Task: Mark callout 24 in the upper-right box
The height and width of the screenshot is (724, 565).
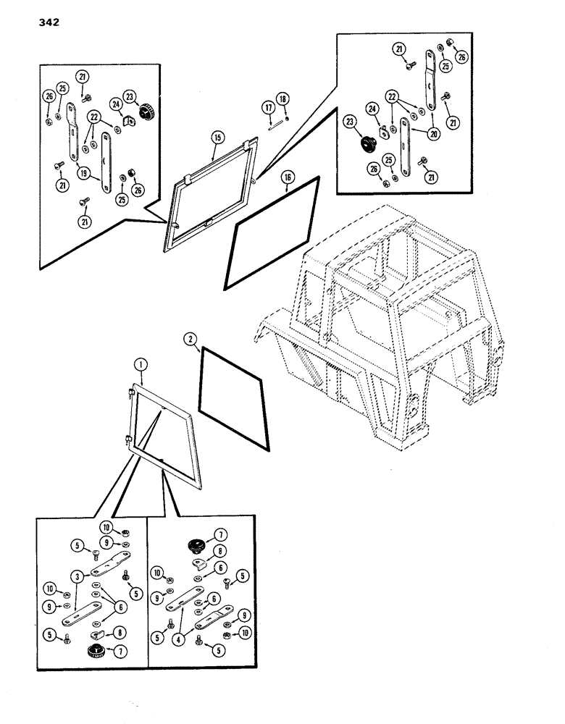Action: point(374,110)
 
